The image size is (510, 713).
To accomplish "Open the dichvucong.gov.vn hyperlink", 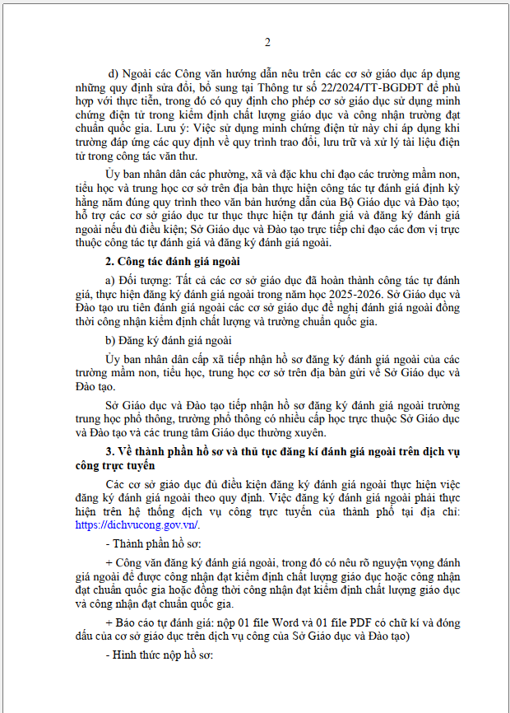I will click(137, 524).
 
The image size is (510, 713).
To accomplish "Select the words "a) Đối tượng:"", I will click(139, 282).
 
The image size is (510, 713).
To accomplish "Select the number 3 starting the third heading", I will click(109, 452).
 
